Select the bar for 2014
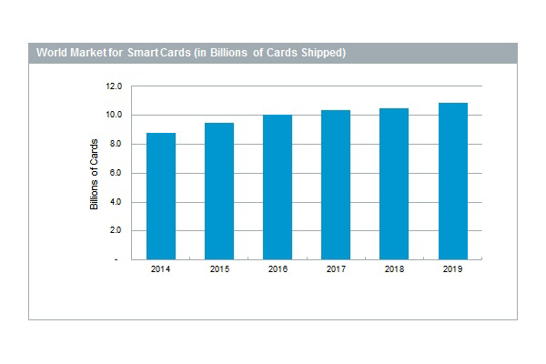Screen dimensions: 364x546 click(161, 196)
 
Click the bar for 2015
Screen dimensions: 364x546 click(219, 191)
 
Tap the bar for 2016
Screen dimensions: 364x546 click(278, 187)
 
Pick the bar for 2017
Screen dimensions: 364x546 click(336, 185)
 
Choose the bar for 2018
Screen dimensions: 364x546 click(394, 184)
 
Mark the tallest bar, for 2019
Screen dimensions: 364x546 click(452, 181)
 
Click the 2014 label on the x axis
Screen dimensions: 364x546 click(161, 270)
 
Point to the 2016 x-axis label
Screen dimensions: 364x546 click(278, 270)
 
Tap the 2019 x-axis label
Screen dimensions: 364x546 click(452, 270)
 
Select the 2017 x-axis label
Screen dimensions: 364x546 click(336, 270)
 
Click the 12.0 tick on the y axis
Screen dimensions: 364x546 click(114, 86)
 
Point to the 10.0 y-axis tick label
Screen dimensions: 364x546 click(114, 116)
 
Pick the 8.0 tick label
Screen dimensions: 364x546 click(116, 144)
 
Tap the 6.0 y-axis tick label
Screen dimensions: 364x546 click(116, 173)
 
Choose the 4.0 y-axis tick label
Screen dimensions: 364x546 click(116, 202)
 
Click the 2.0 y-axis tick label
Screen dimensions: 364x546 click(116, 230)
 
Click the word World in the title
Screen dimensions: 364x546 click(52, 53)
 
